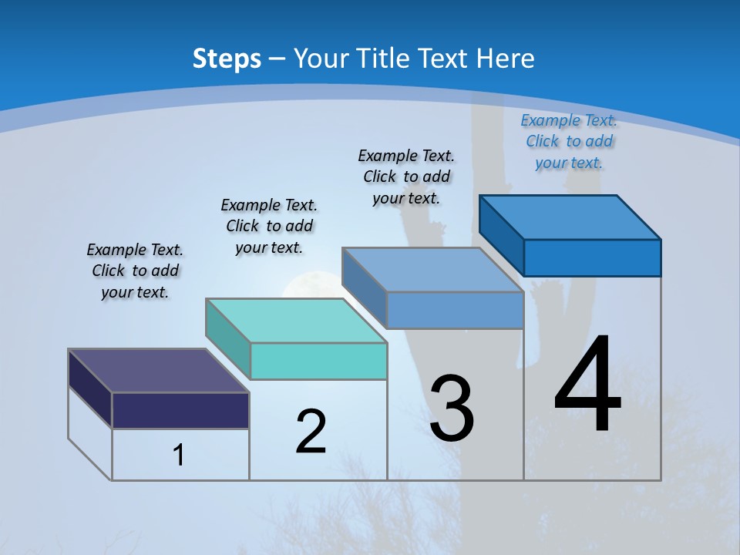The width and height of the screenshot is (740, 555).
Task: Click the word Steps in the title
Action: (x=227, y=59)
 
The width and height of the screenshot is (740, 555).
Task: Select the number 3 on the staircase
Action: (x=452, y=408)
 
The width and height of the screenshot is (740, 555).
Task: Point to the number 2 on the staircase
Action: (x=311, y=431)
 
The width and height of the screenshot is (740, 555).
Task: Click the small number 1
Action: (x=179, y=455)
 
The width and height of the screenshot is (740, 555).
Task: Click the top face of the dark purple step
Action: (x=158, y=371)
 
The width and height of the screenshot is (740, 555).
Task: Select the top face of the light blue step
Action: (x=432, y=270)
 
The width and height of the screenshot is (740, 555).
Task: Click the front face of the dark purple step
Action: (x=180, y=410)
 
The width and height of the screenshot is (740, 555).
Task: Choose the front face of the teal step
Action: (x=318, y=361)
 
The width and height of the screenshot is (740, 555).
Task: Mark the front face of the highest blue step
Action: (x=592, y=257)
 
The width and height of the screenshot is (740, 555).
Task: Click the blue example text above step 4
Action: (x=569, y=141)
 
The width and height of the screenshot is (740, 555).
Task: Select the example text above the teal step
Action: (x=269, y=226)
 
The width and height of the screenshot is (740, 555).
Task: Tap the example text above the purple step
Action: (x=135, y=271)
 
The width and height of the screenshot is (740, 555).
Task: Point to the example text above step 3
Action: (x=406, y=177)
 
